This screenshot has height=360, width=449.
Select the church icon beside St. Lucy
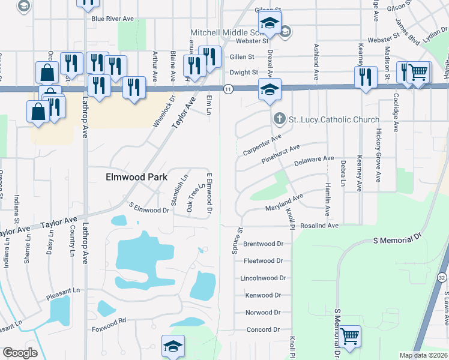(279, 119)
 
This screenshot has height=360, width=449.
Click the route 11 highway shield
(228, 89)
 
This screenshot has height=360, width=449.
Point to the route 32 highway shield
(442, 278)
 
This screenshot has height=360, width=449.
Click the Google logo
(20, 353)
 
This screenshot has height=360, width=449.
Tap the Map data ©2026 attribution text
(423, 355)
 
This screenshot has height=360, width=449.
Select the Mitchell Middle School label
(228, 32)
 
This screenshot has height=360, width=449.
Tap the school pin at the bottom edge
(173, 347)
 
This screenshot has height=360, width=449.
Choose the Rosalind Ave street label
(320, 226)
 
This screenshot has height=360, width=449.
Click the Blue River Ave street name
(112, 19)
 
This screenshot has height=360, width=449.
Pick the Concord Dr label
(264, 329)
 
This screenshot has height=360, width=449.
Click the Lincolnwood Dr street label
(261, 278)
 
